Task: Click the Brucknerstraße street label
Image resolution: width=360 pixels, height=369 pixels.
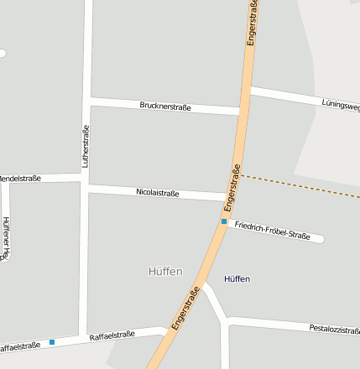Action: pyautogui.click(x=165, y=107)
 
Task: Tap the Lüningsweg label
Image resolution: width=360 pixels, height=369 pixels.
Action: pyautogui.click(x=341, y=105)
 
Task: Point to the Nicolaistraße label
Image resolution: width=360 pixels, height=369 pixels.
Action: pyautogui.click(x=158, y=193)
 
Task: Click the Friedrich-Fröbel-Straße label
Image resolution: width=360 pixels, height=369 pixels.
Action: pyautogui.click(x=273, y=230)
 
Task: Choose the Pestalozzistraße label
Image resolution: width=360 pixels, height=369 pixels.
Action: pyautogui.click(x=334, y=328)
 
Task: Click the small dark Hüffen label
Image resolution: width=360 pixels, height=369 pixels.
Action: pyautogui.click(x=237, y=278)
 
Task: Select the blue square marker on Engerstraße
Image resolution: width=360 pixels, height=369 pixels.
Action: pyautogui.click(x=224, y=221)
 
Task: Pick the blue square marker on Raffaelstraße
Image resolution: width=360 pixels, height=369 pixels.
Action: pyautogui.click(x=52, y=341)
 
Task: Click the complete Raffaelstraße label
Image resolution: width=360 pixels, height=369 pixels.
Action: pyautogui.click(x=112, y=335)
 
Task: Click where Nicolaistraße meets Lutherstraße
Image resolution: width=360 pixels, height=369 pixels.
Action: pyautogui.click(x=86, y=186)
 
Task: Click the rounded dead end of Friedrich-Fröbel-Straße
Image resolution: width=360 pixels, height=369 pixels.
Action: pyautogui.click(x=319, y=239)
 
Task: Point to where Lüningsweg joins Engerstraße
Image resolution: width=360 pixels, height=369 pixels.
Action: pyautogui.click(x=249, y=90)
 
